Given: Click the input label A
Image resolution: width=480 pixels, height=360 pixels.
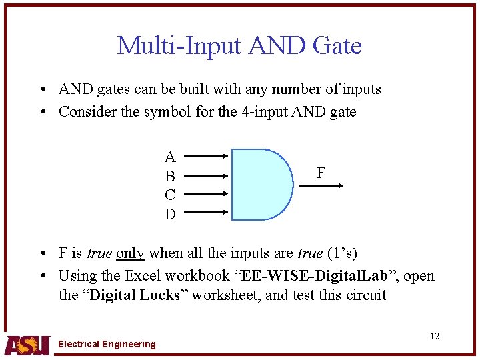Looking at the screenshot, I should (x=170, y=157).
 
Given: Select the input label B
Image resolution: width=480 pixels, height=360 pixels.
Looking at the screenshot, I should (x=170, y=177).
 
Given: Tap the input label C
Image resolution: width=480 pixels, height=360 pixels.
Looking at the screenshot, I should (x=170, y=195).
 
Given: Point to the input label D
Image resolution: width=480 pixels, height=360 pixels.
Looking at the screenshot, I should (x=170, y=214).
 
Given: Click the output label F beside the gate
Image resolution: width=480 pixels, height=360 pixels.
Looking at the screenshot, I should (x=321, y=173).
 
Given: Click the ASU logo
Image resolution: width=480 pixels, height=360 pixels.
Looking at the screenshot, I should (x=27, y=344).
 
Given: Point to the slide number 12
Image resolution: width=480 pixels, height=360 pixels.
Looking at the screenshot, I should (x=435, y=336).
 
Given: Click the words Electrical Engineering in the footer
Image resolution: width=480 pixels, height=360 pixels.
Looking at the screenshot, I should (x=107, y=344).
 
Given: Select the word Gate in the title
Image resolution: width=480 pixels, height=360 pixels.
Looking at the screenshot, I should (x=337, y=45).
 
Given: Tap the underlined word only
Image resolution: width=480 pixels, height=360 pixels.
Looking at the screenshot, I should (x=130, y=253).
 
